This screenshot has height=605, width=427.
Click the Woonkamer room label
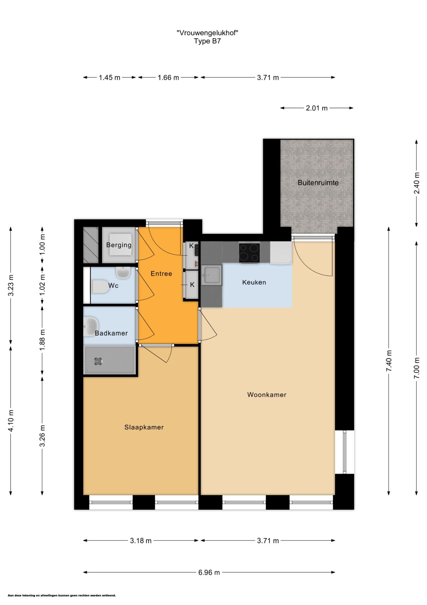click(x=267, y=395)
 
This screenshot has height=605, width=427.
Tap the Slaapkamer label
click(x=144, y=427)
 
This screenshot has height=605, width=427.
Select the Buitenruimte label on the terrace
click(x=318, y=183)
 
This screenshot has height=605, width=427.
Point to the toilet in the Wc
click(x=100, y=287)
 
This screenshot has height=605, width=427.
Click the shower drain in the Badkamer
click(x=98, y=360)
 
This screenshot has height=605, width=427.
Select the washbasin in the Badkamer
click(x=90, y=326)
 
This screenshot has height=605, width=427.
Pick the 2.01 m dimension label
click(x=317, y=108)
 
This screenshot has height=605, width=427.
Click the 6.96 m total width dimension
click(x=209, y=572)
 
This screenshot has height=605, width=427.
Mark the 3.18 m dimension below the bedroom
click(x=141, y=541)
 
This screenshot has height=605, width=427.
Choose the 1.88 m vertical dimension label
click(x=42, y=340)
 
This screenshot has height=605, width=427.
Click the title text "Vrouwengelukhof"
click(x=207, y=33)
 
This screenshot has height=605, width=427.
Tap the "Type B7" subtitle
click(x=207, y=41)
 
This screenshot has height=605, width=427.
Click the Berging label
click(x=119, y=245)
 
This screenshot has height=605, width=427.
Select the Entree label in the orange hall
click(x=161, y=274)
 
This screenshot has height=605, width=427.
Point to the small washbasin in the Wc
click(x=123, y=273)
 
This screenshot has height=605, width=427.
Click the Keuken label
click(x=254, y=282)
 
